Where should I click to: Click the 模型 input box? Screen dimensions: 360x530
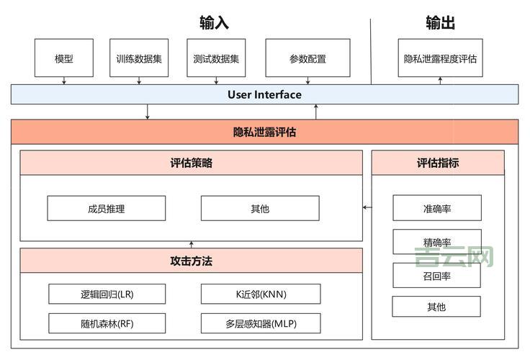(x=64, y=58)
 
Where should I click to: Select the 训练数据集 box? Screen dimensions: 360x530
(x=139, y=58)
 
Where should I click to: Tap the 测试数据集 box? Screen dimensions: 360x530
(x=216, y=58)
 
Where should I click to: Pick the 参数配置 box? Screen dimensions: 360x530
(x=307, y=58)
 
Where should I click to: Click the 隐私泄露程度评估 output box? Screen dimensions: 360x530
(x=440, y=58)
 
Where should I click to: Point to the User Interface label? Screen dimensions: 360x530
(x=264, y=94)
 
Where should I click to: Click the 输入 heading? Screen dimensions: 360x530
(x=214, y=23)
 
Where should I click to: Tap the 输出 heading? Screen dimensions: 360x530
(x=440, y=23)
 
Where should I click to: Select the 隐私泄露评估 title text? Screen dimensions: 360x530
(x=264, y=132)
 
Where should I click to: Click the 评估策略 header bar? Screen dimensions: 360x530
(x=191, y=163)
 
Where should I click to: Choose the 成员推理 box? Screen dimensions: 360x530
(x=106, y=208)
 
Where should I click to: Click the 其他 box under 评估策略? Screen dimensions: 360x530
(x=260, y=208)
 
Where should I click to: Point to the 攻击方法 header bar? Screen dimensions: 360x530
(x=191, y=261)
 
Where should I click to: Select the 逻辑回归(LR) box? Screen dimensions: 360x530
(x=107, y=294)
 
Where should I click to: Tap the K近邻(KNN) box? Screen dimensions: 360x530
(x=261, y=294)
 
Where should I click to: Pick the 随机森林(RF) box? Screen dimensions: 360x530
(x=107, y=323)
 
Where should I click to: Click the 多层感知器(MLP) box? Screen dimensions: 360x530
(x=261, y=323)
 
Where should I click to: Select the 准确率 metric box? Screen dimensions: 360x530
(x=437, y=208)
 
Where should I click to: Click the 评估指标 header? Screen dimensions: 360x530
(x=438, y=163)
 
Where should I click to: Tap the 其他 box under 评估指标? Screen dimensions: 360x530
(x=436, y=307)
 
